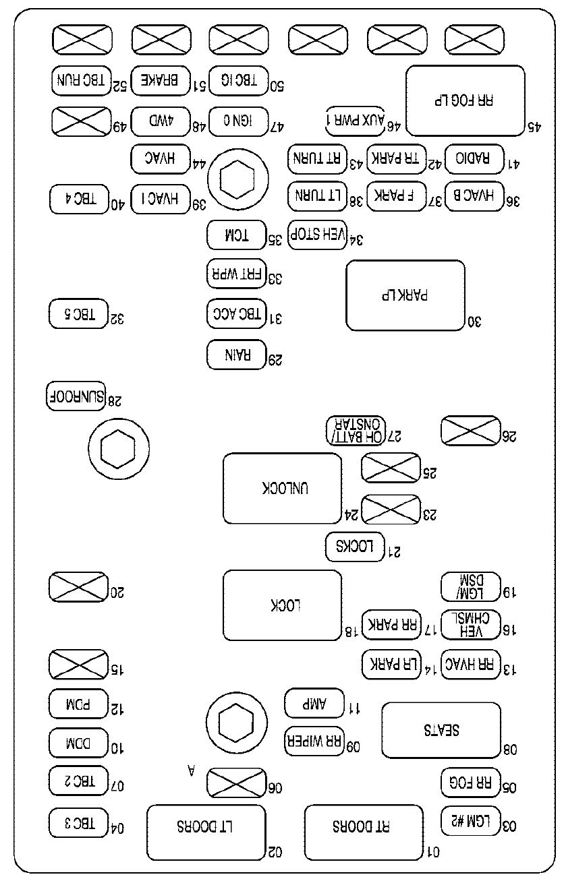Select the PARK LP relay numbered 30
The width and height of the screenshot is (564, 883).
coord(405,295)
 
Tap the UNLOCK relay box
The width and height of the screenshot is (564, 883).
coord(282,488)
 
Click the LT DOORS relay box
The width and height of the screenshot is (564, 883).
coord(206,832)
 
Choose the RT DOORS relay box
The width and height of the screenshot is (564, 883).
coord(364,832)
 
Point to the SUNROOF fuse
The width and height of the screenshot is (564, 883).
coord(76,396)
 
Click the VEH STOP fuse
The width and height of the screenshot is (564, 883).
coord(317,235)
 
